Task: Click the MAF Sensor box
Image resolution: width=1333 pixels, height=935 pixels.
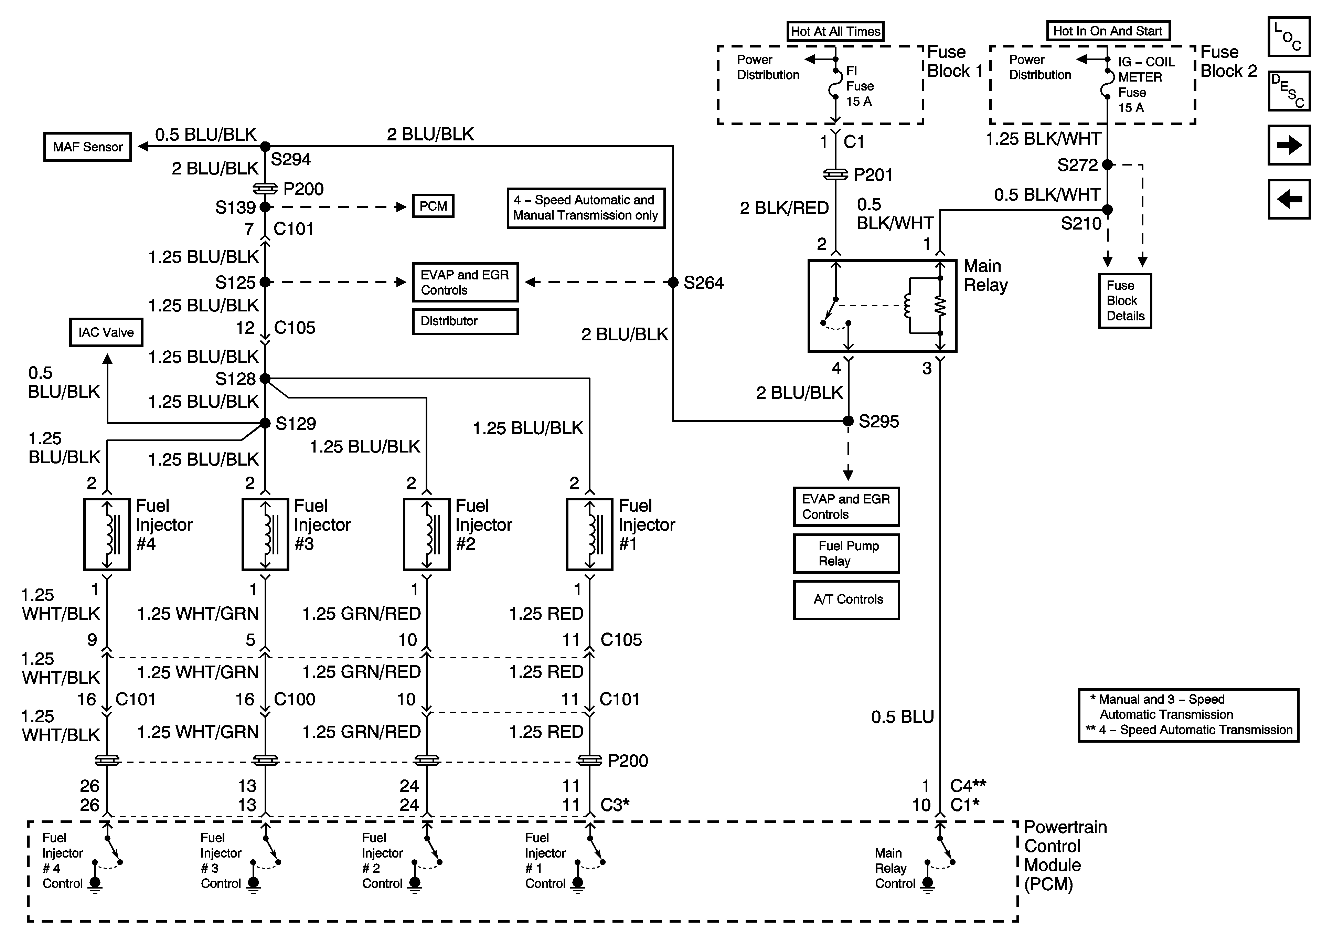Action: coord(88,147)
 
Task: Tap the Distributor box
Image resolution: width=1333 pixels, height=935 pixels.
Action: coord(465,321)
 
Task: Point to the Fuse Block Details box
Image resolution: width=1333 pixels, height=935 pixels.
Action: coord(1124,301)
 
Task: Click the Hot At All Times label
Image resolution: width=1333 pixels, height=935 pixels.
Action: coord(835,31)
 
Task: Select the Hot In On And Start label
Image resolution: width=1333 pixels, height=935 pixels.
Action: coord(1108,31)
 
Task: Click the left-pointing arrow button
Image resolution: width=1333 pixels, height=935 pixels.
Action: coord(1289,199)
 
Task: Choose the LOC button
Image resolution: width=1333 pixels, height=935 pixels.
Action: coord(1289,36)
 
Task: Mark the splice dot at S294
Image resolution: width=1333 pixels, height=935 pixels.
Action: coord(265,146)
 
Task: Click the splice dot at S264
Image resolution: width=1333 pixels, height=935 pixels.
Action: coord(673,282)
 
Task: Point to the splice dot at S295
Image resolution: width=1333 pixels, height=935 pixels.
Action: coord(848,421)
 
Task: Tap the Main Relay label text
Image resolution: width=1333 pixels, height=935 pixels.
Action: coord(985,275)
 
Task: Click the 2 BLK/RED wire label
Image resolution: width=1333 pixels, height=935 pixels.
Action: coord(784,208)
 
